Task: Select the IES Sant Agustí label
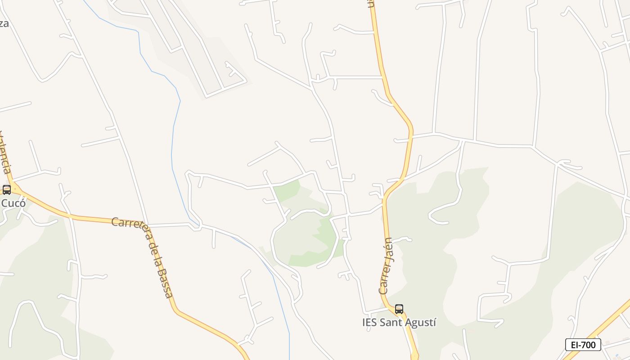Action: [x=399, y=323]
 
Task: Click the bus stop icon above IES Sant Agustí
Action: [x=399, y=309]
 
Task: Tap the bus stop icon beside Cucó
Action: [x=7, y=189]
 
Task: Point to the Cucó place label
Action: [x=13, y=203]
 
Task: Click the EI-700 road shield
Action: [x=583, y=345]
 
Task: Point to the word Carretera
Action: [x=130, y=226]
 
